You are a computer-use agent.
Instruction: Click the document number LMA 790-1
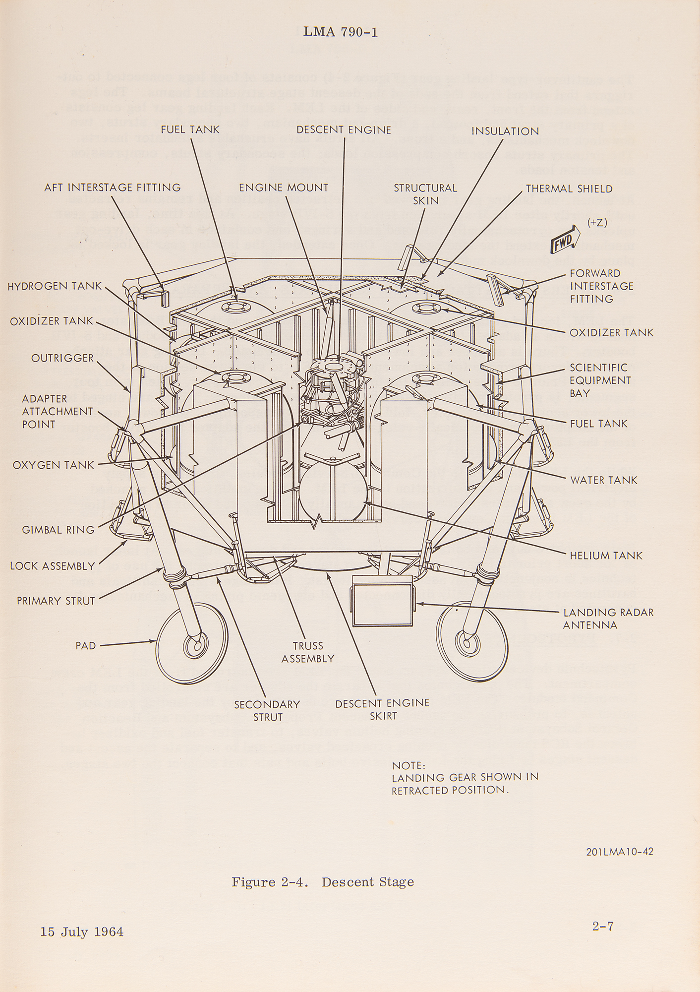tap(341, 33)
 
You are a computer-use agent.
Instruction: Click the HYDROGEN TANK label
tap(55, 286)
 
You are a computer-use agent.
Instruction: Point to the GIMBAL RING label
tap(58, 530)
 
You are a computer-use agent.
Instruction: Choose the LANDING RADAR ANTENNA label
tap(608, 619)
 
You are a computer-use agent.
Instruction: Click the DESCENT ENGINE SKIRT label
tap(382, 709)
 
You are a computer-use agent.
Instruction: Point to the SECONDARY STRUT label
tap(267, 710)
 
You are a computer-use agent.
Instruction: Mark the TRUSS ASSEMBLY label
tap(307, 652)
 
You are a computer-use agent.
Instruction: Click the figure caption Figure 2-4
tap(322, 881)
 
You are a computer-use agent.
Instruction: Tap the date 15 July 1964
tap(82, 931)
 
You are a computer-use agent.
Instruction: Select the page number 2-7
tap(603, 926)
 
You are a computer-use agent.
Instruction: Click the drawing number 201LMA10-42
tap(619, 852)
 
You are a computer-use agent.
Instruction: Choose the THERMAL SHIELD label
tap(569, 188)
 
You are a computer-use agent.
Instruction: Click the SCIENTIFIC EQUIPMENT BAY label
tap(600, 380)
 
